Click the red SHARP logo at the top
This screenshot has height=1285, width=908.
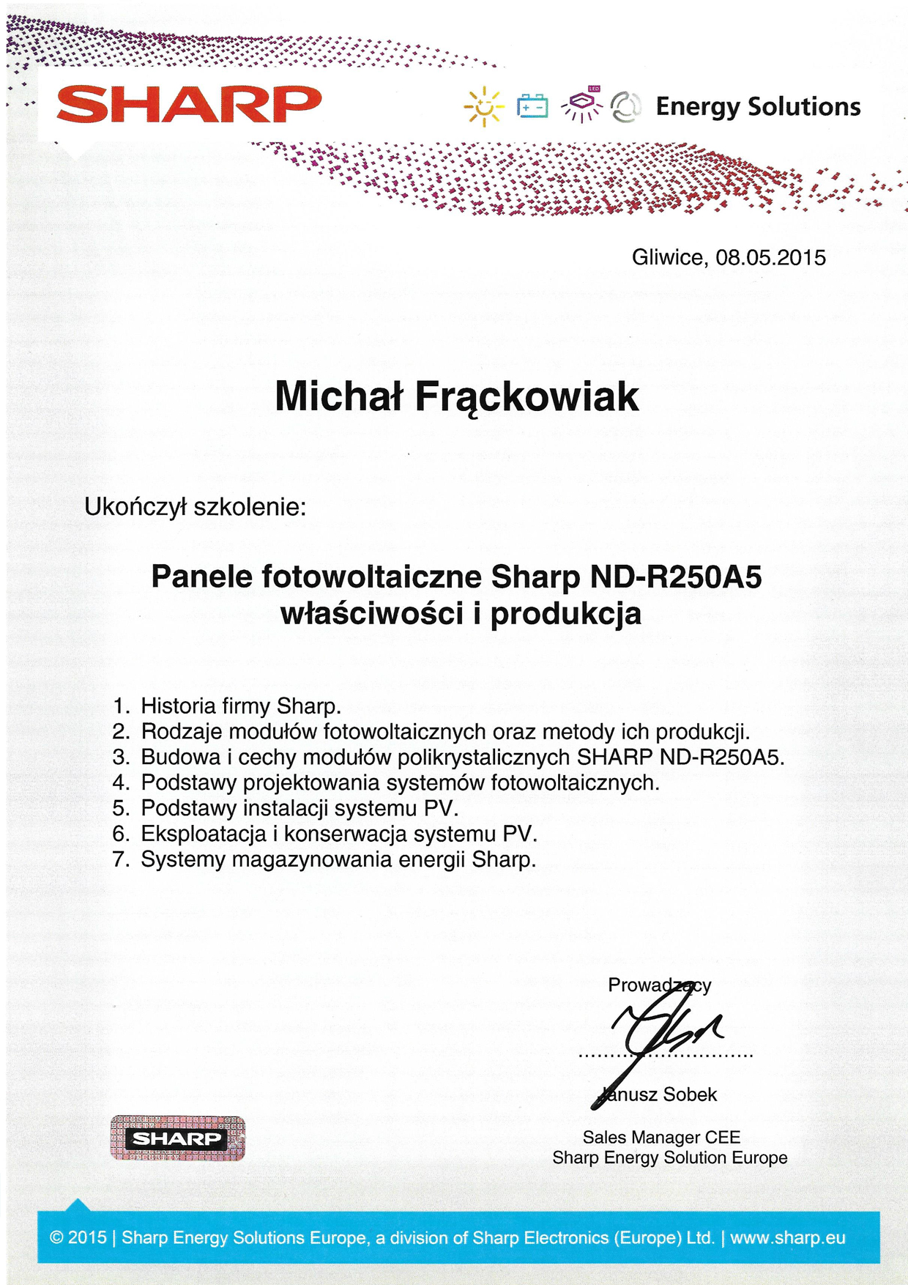(189, 104)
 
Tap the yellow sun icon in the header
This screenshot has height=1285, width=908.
(484, 107)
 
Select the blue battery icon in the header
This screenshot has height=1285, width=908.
(532, 106)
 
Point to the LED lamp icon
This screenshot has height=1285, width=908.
(582, 105)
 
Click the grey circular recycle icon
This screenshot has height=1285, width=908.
(626, 107)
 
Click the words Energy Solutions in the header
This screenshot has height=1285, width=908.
(758, 107)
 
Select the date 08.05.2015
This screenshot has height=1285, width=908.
(770, 258)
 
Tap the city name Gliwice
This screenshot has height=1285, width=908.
(669, 258)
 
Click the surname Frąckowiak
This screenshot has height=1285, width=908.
(527, 397)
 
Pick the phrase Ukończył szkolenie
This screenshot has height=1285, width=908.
(195, 507)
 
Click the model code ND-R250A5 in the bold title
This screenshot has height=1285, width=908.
(675, 577)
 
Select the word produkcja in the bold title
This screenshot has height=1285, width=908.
(565, 614)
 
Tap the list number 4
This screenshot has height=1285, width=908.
(120, 783)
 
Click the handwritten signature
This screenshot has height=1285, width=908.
(659, 1033)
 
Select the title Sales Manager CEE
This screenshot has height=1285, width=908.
(661, 1137)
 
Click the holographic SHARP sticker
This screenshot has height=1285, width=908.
(177, 1138)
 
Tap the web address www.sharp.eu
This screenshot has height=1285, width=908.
(787, 1238)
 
